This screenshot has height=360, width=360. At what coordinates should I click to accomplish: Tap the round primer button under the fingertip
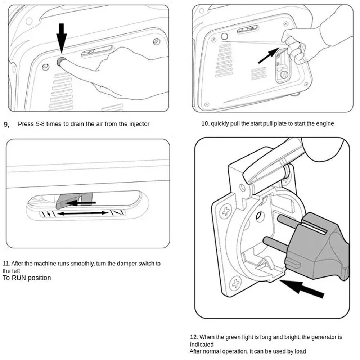pyautogui.click(x=61, y=61)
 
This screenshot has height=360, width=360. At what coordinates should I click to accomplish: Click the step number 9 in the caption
pyautogui.click(x=6, y=125)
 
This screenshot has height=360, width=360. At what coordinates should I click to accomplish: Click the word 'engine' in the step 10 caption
pyautogui.click(x=325, y=123)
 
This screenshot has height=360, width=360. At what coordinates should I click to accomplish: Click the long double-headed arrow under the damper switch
pyautogui.click(x=83, y=213)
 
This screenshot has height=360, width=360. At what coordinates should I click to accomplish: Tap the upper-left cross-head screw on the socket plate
pyautogui.click(x=226, y=211)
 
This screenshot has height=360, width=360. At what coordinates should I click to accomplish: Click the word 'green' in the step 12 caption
pyautogui.click(x=244, y=337)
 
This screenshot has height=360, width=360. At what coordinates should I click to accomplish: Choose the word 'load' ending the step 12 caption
pyautogui.click(x=300, y=351)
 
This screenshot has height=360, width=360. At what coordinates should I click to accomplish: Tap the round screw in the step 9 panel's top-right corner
pyautogui.click(x=156, y=41)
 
